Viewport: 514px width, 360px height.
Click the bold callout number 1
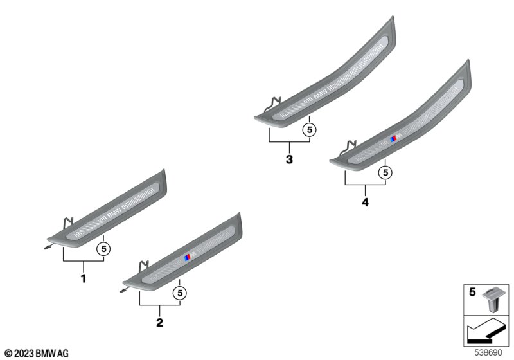[84, 278]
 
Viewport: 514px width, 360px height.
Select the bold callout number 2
[159, 322]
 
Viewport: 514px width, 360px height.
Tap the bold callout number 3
[289, 159]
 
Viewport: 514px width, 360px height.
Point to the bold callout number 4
[365, 202]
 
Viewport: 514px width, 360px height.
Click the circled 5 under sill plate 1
[103, 249]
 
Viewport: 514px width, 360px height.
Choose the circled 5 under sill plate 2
[180, 292]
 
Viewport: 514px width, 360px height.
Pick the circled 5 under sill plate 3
[310, 130]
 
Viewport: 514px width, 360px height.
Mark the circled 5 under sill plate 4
[385, 172]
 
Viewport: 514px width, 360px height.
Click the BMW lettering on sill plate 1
[114, 212]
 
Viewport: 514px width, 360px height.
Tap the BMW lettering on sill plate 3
[321, 94]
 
